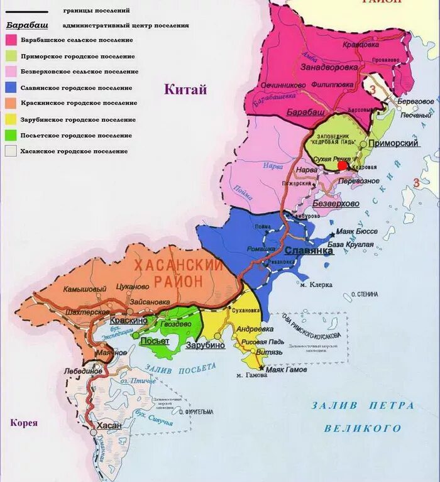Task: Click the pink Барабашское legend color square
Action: click(11, 40)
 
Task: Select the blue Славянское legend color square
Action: click(11, 87)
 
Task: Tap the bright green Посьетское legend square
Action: click(11, 135)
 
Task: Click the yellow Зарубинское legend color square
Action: click(11, 119)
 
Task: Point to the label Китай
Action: click(185, 90)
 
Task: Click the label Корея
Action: click(24, 423)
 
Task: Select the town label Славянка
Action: click(309, 251)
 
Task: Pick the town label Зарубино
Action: click(205, 345)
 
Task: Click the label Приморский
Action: click(393, 143)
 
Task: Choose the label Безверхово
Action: click(336, 204)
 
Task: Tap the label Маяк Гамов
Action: click(287, 370)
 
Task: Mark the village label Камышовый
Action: click(85, 289)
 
